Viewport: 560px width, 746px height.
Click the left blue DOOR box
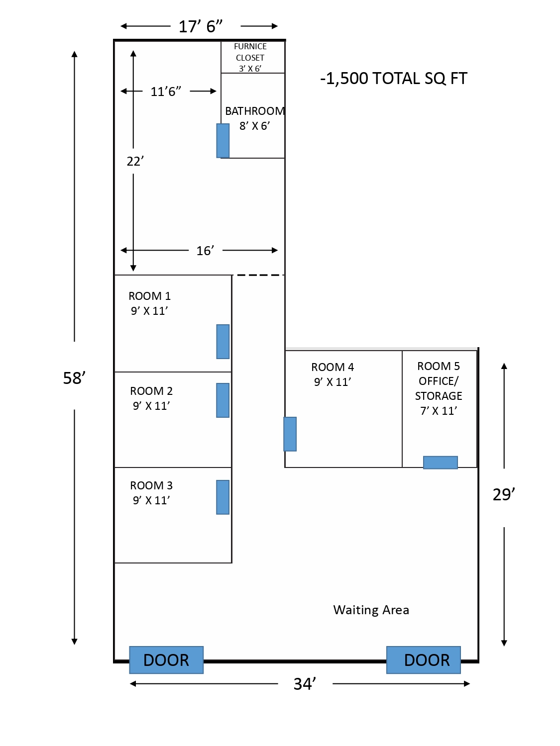pos(166,659)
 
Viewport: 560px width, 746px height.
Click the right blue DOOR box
pos(423,659)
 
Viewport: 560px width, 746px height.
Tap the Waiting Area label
pos(371,610)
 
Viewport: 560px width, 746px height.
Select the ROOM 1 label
pos(150,296)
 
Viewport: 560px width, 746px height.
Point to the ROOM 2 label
pos(151,391)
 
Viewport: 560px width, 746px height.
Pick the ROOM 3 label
pos(151,485)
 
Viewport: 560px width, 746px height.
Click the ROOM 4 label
pos(333,367)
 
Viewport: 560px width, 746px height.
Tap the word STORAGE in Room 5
pos(438,396)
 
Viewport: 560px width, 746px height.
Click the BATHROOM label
pos(255,111)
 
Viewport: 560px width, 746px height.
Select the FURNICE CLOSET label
pos(250,52)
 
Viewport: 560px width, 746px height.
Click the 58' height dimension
pos(74,378)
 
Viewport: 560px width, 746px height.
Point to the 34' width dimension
pos(305,684)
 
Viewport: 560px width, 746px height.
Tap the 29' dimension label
pos(504,494)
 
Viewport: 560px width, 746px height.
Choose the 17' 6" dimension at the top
pos(200,26)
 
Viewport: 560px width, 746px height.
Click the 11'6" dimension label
pos(166,92)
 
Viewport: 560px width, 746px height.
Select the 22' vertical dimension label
pos(135,161)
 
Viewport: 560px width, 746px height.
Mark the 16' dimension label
pos(205,251)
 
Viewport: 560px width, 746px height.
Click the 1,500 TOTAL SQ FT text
pos(394,79)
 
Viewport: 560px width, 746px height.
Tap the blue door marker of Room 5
pos(441,462)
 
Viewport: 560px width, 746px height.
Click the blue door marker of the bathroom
pos(223,141)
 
